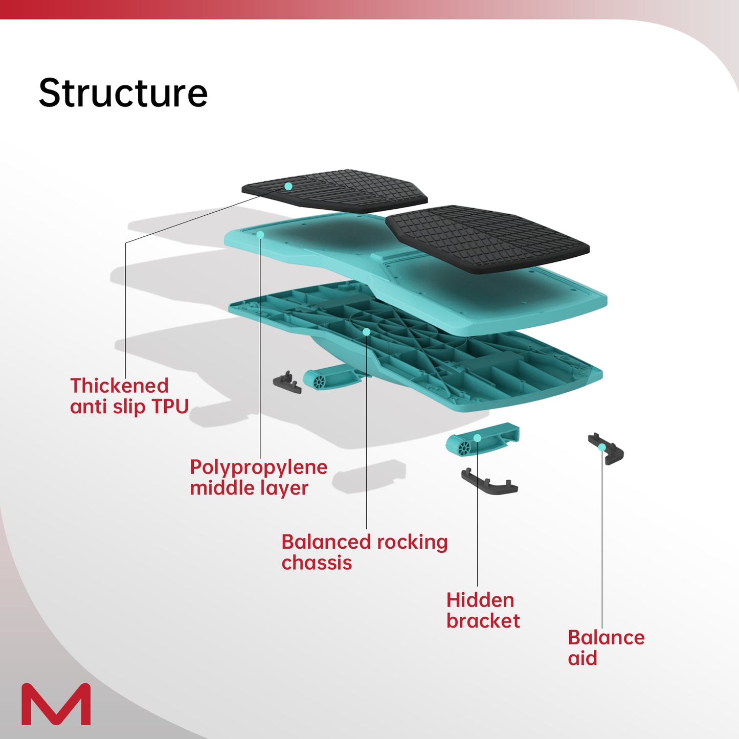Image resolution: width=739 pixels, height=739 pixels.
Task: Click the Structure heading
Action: (123, 94)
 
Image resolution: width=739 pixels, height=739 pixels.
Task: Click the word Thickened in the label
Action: (119, 386)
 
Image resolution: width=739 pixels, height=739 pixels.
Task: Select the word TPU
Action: (170, 407)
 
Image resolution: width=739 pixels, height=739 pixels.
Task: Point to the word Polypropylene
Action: (258, 467)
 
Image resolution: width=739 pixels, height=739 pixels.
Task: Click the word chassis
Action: (317, 563)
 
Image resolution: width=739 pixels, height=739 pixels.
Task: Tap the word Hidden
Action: (480, 600)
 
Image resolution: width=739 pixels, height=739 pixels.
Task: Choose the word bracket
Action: (483, 621)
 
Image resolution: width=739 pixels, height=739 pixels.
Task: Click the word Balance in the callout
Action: (606, 638)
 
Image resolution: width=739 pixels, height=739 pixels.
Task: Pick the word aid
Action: (583, 659)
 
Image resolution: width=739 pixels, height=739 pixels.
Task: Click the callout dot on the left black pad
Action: (288, 186)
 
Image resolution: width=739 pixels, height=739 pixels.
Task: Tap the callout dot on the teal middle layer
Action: (260, 235)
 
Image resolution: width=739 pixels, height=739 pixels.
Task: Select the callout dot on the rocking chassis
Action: (366, 332)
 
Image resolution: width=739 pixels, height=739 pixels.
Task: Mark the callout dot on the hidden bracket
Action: (477, 438)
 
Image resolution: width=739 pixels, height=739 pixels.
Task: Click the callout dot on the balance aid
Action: (602, 447)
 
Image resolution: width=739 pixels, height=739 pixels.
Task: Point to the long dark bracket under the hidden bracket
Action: (489, 483)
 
